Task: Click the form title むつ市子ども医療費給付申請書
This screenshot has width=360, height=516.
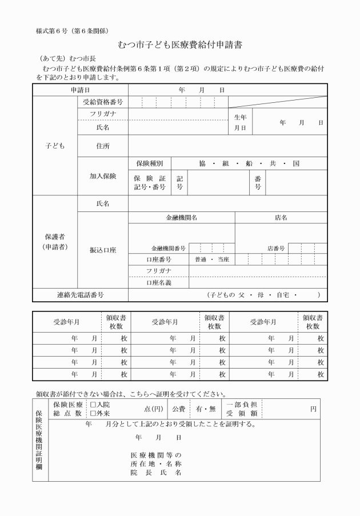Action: tap(179, 44)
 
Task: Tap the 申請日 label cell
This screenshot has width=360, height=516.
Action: tap(80, 90)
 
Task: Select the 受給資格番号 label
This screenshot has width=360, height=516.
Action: tap(102, 102)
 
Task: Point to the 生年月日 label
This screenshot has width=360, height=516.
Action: tap(240, 122)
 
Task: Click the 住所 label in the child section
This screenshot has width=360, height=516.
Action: tap(102, 146)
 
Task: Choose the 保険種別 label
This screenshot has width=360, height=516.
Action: tap(149, 163)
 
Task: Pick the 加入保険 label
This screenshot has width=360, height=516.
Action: tap(102, 176)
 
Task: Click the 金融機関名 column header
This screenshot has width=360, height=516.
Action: tap(181, 218)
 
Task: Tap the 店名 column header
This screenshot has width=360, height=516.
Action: tap(281, 218)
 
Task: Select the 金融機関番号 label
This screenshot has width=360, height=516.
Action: tap(168, 249)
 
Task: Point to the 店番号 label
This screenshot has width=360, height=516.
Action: tap(276, 249)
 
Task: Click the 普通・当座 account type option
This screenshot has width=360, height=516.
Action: tap(211, 260)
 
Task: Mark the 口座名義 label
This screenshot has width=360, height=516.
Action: tap(158, 283)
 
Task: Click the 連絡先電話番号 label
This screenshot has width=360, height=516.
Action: tap(80, 295)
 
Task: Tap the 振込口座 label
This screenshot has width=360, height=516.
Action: tap(102, 250)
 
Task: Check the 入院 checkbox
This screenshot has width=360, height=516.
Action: tap(93, 405)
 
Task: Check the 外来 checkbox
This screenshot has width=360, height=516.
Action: tap(93, 413)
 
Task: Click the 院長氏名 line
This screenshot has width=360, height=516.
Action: tap(156, 473)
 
